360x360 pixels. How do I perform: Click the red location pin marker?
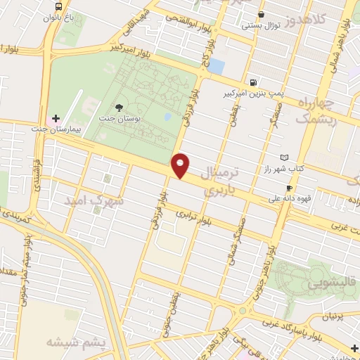click(181, 165)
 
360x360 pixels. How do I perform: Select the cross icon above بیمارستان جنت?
click(56, 118)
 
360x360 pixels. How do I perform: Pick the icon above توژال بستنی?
click(261, 14)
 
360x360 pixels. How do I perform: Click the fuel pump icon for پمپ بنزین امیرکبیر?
click(252, 82)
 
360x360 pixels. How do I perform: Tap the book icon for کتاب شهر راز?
click(284, 157)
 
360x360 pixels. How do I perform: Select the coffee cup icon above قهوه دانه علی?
click(289, 188)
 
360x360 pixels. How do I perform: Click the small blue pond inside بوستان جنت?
click(167, 117)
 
